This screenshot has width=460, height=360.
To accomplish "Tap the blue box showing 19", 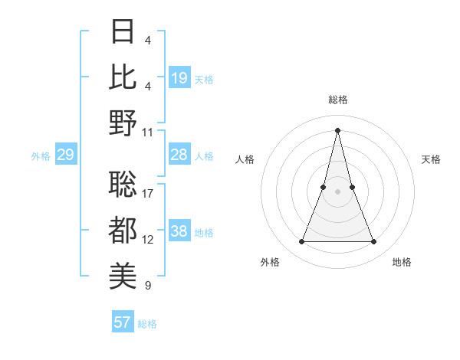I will [179, 78].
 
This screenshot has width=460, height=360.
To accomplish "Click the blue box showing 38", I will [179, 232].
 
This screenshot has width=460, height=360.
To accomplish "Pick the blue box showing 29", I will [65, 155].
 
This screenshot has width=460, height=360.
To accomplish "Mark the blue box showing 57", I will [123, 322].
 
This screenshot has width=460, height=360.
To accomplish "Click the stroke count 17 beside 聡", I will [149, 194].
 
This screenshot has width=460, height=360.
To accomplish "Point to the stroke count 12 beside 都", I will [149, 240].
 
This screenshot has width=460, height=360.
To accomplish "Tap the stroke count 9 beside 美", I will [148, 286].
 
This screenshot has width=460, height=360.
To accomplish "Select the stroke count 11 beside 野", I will [149, 132].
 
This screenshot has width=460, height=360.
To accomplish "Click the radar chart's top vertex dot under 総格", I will [338, 129].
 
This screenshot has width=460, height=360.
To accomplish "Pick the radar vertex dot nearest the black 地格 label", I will [374, 242].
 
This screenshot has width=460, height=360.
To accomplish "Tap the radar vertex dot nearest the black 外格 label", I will [302, 242].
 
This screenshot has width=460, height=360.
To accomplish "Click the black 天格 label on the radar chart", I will [431, 159].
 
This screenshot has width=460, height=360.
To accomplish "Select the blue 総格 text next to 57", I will [147, 324].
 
